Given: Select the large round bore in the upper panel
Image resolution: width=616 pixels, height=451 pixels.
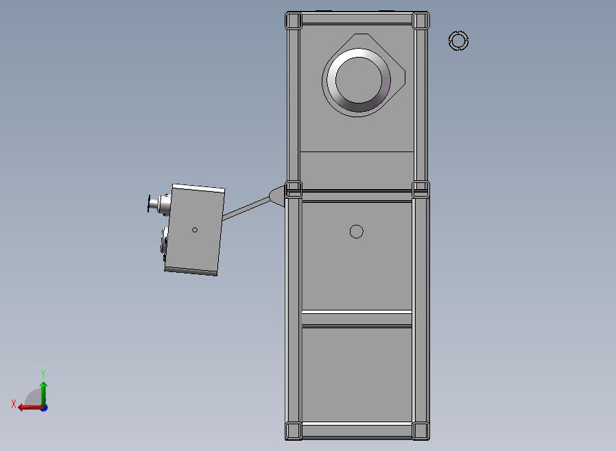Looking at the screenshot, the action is pos(358,80).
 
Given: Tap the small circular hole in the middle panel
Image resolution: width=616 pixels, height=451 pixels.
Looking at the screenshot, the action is pos(356,232).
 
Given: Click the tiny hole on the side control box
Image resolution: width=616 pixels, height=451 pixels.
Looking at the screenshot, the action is pos(194,230).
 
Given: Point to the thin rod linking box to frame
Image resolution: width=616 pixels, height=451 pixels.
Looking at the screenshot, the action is pos(246,208).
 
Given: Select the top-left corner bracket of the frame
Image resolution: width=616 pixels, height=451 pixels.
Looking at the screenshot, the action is pos(294,21).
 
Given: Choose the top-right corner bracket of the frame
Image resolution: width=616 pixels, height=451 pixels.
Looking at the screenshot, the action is pos(420,21).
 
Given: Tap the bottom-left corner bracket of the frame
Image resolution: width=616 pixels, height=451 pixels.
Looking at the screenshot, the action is pos(294,430).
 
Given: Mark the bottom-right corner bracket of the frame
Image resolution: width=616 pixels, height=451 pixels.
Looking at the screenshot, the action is pos(420,430).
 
